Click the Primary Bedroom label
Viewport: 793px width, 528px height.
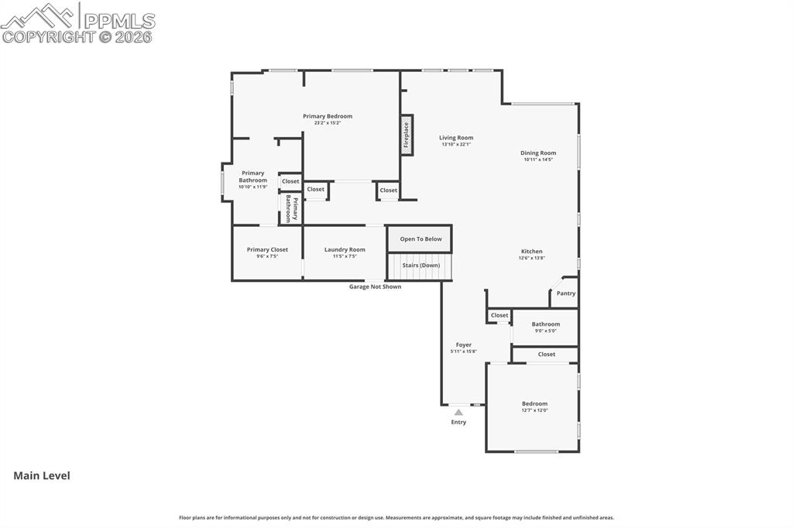coord(328,116)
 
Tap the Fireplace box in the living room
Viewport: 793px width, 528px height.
coord(406,135)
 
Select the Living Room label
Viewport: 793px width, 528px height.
coord(456,138)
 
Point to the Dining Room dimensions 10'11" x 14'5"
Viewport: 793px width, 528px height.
coord(538,159)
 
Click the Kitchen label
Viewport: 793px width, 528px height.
coord(531,251)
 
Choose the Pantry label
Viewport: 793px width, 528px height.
coord(566,293)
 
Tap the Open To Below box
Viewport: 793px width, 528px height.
coord(421,239)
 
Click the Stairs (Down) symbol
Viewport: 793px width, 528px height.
coord(421,266)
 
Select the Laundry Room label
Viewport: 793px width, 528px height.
coord(345,249)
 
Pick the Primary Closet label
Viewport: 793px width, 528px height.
coord(267,249)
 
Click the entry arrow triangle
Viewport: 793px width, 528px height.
coord(458,413)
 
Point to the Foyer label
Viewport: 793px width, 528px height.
coord(463,345)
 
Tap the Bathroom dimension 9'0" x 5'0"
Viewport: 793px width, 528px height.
coord(545,331)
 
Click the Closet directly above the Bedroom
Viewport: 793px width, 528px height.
coord(546,355)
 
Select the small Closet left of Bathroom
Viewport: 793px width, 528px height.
coord(499,315)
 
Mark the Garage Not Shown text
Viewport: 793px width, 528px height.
coord(375,286)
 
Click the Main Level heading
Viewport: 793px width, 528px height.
coord(42,475)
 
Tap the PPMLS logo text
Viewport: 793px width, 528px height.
coord(119,21)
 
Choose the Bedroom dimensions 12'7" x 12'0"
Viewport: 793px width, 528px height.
coord(534,410)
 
